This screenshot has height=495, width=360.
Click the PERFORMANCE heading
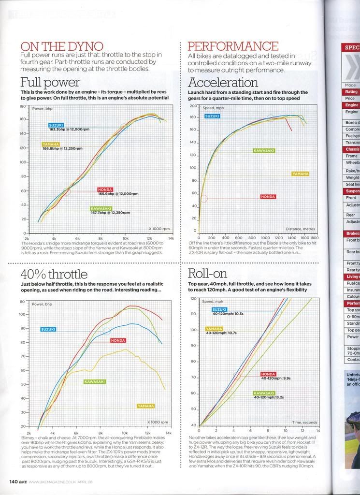pyautogui.click(x=232, y=46)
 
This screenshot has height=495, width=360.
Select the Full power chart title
pyautogui.click(x=50, y=82)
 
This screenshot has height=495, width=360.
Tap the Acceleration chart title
pyautogui.click(x=223, y=82)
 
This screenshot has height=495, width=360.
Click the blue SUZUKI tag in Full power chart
pyautogui.click(x=56, y=125)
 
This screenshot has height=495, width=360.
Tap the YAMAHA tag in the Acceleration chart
pyautogui.click(x=300, y=173)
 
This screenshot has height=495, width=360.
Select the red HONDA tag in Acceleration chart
pyautogui.click(x=268, y=197)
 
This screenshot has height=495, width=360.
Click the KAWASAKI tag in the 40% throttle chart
pyautogui.click(x=95, y=381)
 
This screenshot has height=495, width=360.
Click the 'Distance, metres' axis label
pyautogui.click(x=300, y=229)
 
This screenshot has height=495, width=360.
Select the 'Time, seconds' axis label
pyautogui.click(x=303, y=422)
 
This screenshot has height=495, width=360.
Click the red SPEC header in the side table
pyautogui.click(x=351, y=47)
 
